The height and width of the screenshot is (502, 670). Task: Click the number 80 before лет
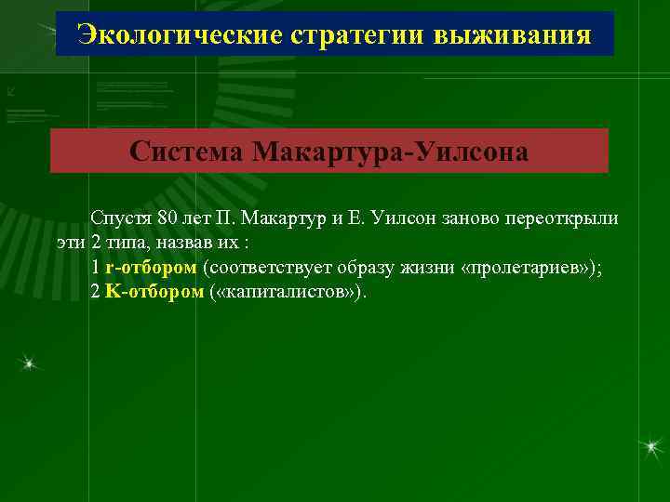(x=168, y=218)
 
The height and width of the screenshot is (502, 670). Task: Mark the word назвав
(x=184, y=243)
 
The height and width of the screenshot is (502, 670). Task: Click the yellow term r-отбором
(x=151, y=267)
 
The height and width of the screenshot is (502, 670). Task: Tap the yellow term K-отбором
(x=154, y=291)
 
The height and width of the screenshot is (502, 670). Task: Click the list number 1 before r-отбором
(x=95, y=267)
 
